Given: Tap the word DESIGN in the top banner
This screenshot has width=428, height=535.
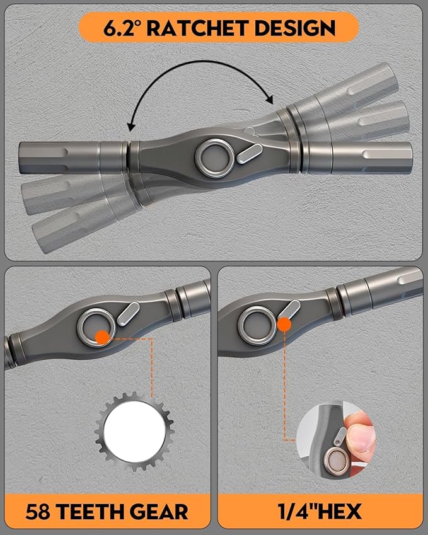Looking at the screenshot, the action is click(x=295, y=28).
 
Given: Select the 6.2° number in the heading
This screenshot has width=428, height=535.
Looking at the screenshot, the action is click(x=122, y=28).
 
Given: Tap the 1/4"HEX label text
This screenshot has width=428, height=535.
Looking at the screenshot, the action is click(x=320, y=512).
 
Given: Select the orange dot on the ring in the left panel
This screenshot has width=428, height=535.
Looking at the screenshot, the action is click(x=102, y=337).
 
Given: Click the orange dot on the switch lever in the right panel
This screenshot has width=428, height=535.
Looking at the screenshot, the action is click(x=284, y=324).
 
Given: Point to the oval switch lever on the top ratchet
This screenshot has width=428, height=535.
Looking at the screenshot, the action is click(x=250, y=154).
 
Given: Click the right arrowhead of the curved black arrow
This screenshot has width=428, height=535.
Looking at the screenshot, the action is click(x=270, y=100).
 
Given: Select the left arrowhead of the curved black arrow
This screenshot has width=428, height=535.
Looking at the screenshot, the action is click(x=130, y=127).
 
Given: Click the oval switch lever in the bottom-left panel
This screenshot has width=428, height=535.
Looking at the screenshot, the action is click(x=128, y=314).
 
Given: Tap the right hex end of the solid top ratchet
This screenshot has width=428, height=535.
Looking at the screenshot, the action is click(x=372, y=158).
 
